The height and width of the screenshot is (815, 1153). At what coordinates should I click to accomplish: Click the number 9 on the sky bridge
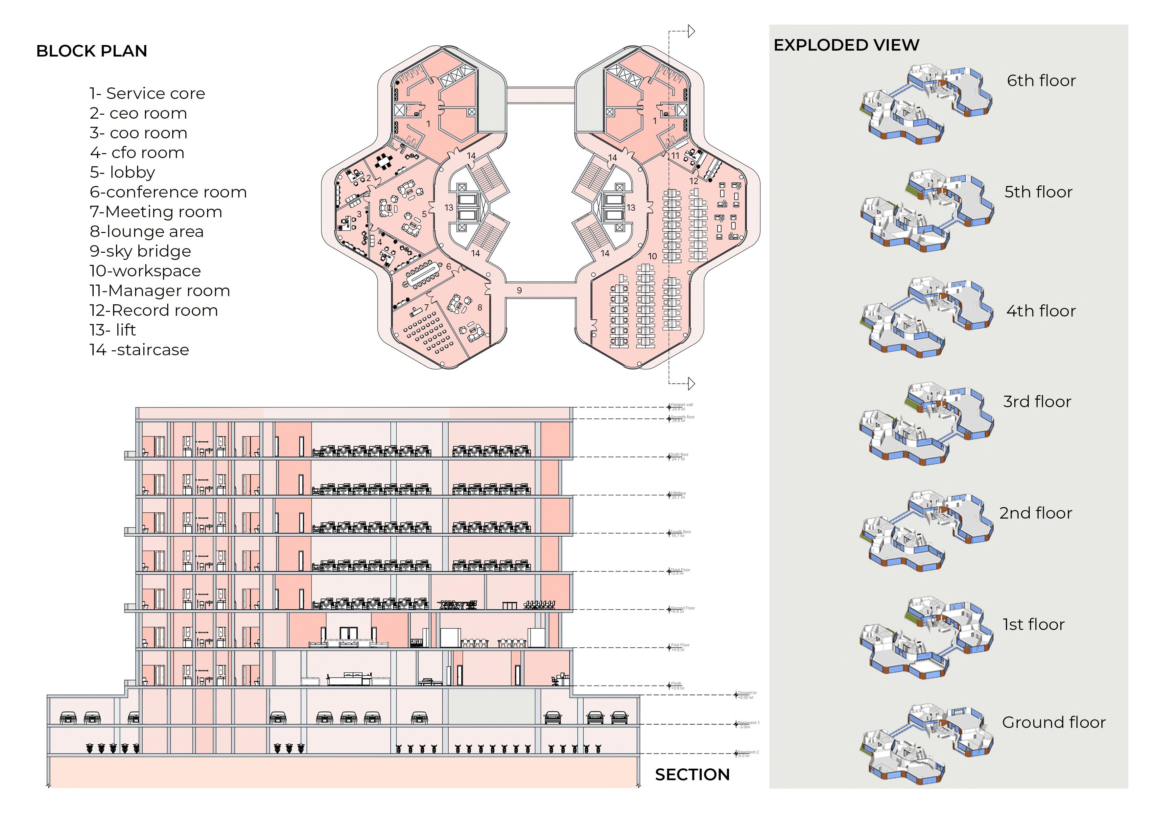click(519, 290)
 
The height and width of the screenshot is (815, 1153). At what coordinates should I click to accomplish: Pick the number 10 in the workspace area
click(652, 256)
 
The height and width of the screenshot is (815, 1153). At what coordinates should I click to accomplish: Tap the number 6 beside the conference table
click(448, 267)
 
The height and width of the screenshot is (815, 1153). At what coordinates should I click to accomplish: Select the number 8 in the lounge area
click(480, 307)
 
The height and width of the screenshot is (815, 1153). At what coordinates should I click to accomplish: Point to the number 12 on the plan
click(694, 181)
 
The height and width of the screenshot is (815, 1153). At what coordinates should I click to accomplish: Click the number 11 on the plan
click(675, 156)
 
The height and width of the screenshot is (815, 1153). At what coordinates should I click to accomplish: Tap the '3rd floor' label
click(1037, 401)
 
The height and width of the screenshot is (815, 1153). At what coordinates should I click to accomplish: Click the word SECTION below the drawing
click(692, 775)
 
